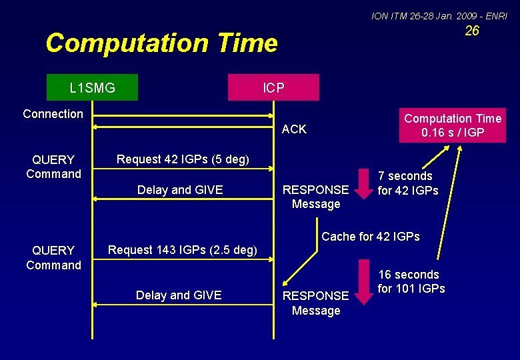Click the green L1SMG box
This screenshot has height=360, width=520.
click(x=93, y=87)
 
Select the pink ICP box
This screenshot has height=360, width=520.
click(x=273, y=87)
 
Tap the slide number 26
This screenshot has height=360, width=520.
click(x=472, y=31)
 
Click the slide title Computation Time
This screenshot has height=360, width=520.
click(x=161, y=43)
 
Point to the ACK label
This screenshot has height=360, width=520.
click(x=294, y=129)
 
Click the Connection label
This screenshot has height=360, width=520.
click(x=53, y=114)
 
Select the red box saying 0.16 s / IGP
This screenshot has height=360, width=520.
click(x=453, y=125)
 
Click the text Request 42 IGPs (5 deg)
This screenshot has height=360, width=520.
click(x=183, y=159)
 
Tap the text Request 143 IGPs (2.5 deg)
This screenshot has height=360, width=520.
click(x=182, y=251)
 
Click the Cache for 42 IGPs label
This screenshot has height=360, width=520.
click(x=371, y=237)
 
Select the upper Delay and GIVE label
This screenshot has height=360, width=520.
click(x=179, y=190)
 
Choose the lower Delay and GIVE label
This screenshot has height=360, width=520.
click(x=179, y=295)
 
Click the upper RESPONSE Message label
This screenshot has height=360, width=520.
click(x=316, y=197)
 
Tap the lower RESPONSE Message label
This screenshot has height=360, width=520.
click(x=316, y=303)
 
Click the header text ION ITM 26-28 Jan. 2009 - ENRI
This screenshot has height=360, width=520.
click(x=439, y=15)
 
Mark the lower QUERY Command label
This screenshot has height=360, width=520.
click(x=53, y=258)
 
